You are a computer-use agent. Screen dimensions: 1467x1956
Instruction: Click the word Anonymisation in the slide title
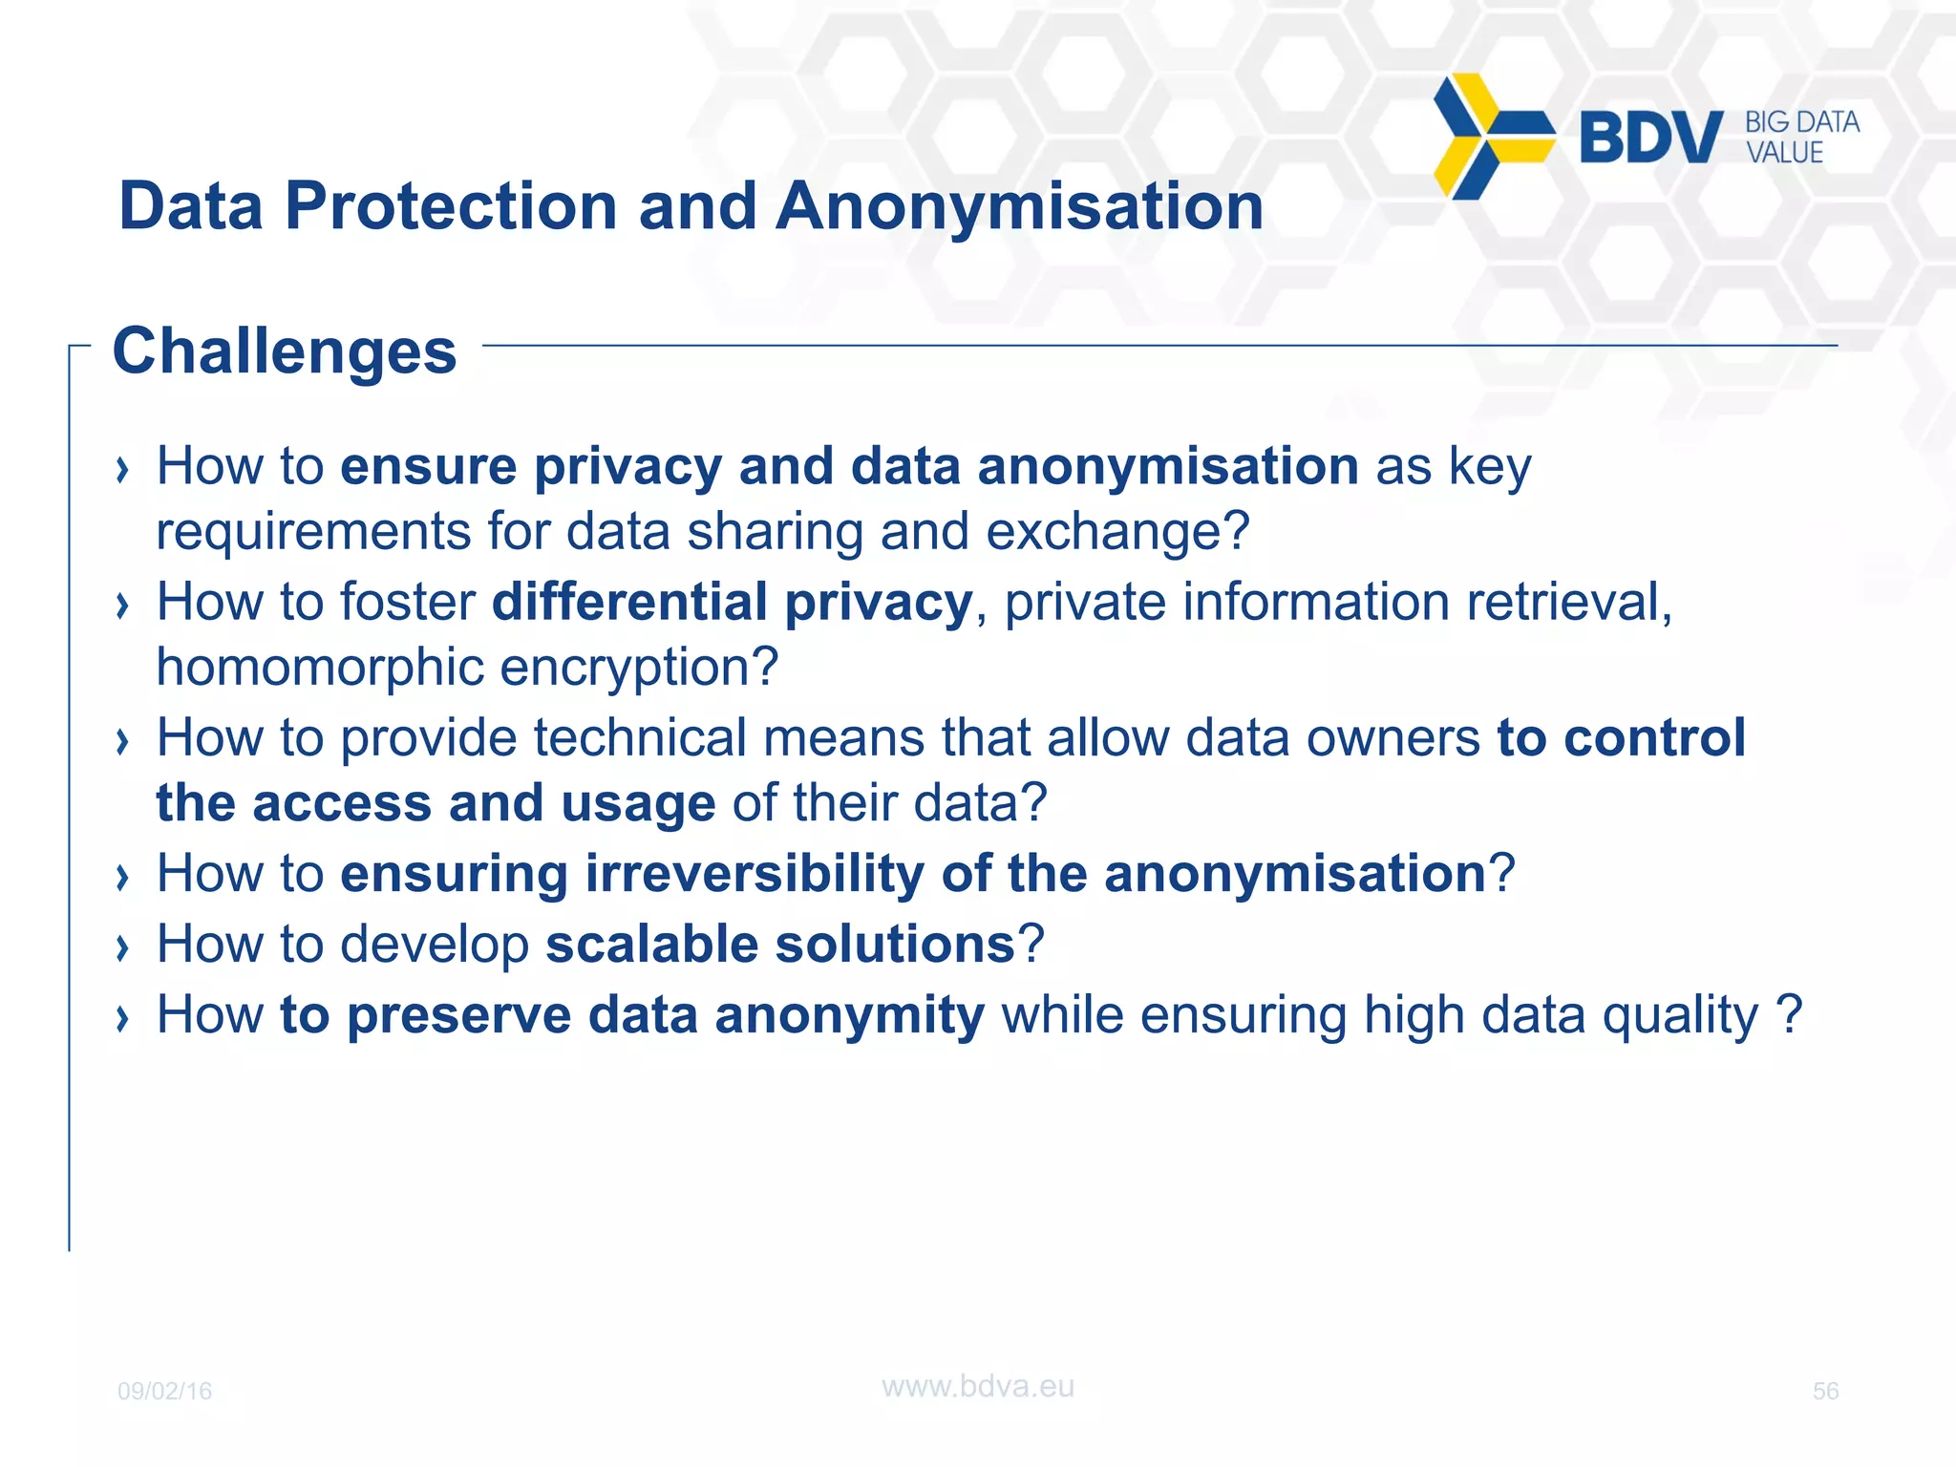click(x=1019, y=206)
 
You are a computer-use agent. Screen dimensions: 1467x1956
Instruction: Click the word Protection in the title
click(x=451, y=206)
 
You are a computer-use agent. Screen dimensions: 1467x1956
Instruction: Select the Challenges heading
click(x=285, y=351)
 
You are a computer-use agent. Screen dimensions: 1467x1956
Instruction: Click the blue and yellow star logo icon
click(x=1492, y=137)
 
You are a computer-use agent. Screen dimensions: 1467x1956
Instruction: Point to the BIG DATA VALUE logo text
click(x=1801, y=138)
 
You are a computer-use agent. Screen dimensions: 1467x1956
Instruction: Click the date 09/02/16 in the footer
click(x=164, y=1391)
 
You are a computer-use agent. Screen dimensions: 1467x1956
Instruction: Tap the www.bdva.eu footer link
click(x=977, y=1386)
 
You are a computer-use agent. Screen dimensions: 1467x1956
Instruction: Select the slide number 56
click(x=1825, y=1391)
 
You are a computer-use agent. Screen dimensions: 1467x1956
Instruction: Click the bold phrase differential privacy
click(x=732, y=603)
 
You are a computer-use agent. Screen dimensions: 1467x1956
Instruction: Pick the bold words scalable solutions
click(x=779, y=945)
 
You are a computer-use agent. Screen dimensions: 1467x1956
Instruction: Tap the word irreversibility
click(x=755, y=874)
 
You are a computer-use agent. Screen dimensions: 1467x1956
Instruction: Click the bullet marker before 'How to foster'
click(x=121, y=606)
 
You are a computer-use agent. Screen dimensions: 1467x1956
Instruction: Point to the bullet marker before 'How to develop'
click(x=121, y=947)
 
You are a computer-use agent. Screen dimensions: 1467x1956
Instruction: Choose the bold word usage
click(x=638, y=803)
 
